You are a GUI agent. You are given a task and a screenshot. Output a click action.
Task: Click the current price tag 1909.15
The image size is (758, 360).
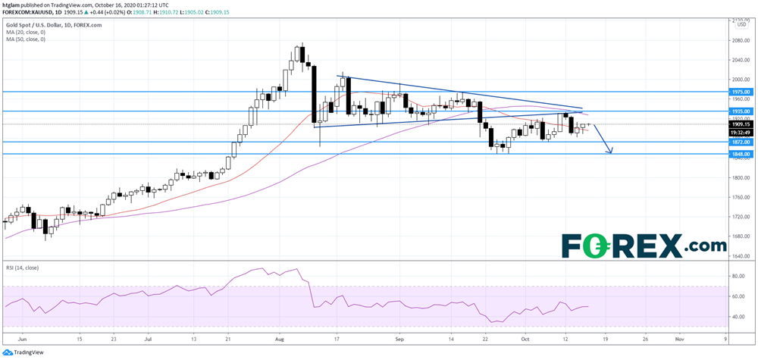741,124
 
